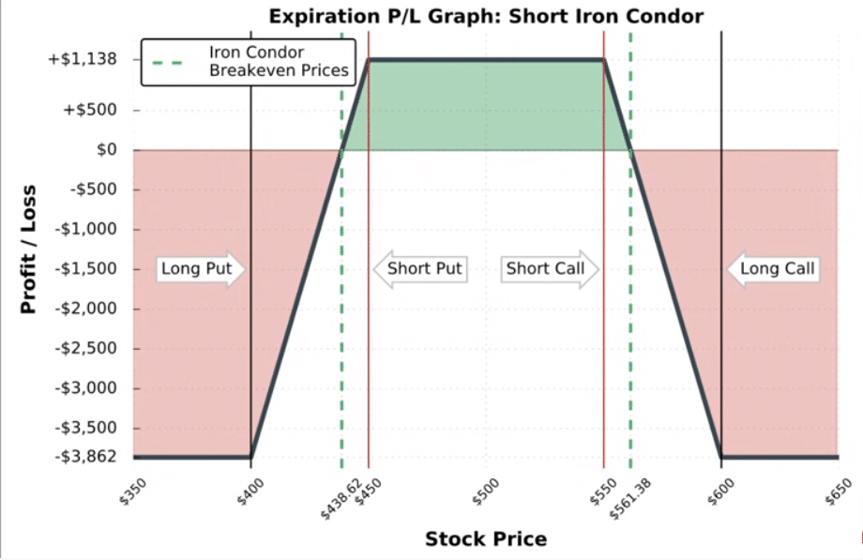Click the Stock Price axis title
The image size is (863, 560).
pyautogui.click(x=485, y=538)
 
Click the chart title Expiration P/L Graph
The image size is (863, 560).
pyautogui.click(x=485, y=16)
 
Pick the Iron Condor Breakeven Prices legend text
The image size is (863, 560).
pyautogui.click(x=278, y=61)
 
